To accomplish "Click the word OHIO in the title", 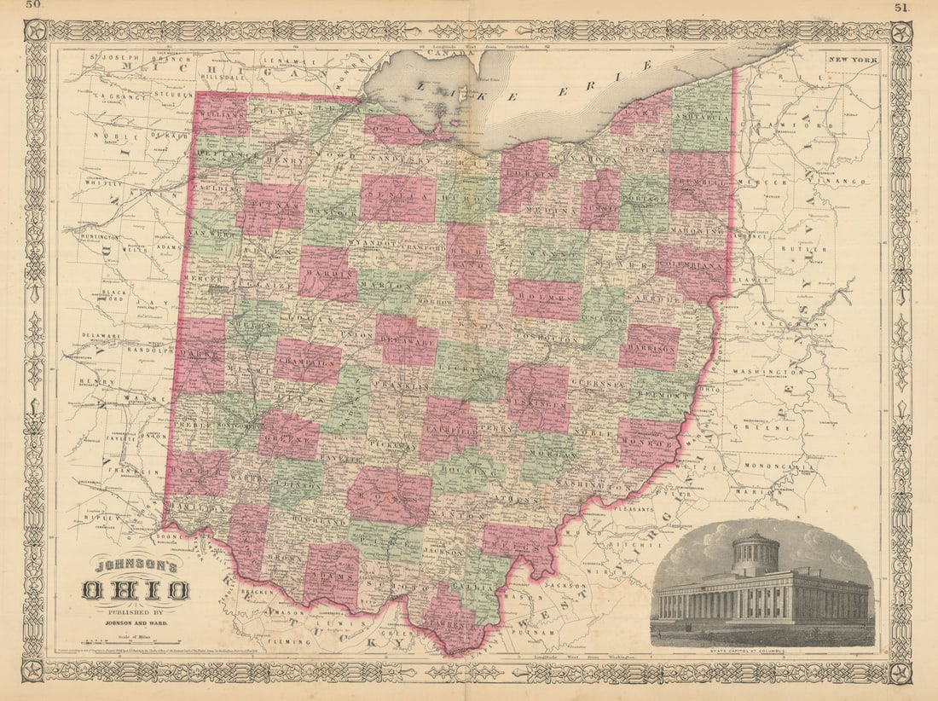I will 136,589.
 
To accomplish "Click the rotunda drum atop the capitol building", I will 756,555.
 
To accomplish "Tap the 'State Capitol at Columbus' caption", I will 762,652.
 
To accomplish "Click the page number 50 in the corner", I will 34,6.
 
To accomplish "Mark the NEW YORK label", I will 854,60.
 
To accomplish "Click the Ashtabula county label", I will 701,116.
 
